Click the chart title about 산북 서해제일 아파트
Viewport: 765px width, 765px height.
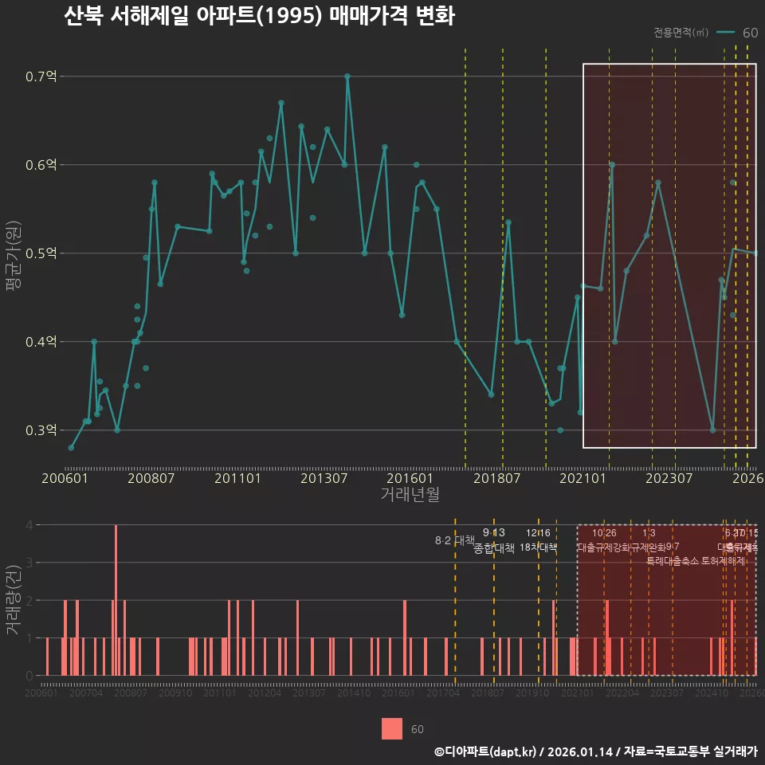click(x=259, y=17)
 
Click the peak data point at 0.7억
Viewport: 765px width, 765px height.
click(x=347, y=76)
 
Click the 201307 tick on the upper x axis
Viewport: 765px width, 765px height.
click(x=324, y=478)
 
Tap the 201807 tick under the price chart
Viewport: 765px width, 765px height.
click(x=497, y=478)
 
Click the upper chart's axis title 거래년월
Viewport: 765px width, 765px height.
click(x=410, y=495)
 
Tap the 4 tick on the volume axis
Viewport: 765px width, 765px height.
click(x=29, y=525)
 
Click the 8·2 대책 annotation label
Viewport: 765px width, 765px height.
click(x=454, y=540)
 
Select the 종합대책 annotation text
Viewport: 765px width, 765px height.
click(x=494, y=548)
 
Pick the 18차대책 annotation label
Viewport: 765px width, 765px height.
click(x=538, y=547)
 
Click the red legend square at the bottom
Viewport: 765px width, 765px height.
click(x=392, y=728)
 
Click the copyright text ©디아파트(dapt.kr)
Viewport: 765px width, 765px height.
click(x=484, y=751)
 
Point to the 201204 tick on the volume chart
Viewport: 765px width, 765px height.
click(x=264, y=693)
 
